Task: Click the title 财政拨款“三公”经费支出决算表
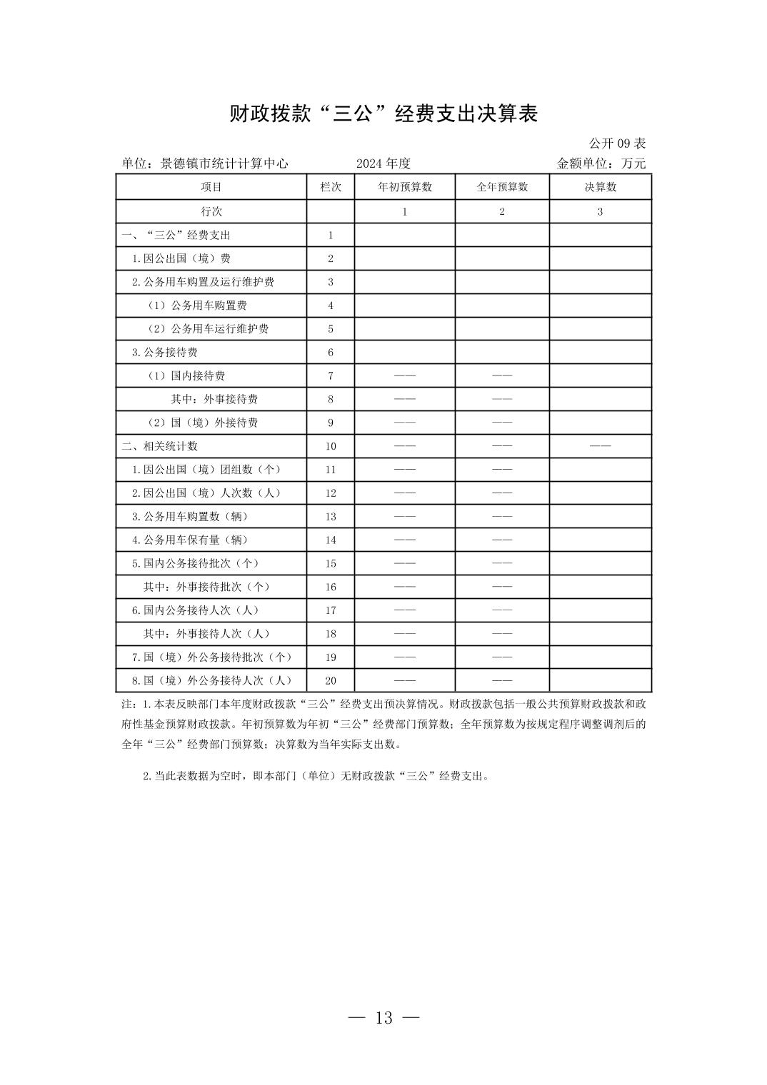pyautogui.click(x=383, y=114)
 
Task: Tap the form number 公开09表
pyautogui.click(x=617, y=143)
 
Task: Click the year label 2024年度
pyautogui.click(x=383, y=163)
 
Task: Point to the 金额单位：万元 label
pyautogui.click(x=601, y=163)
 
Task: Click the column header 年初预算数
pyautogui.click(x=405, y=187)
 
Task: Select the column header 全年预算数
pyautogui.click(x=502, y=187)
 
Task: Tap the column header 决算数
pyautogui.click(x=600, y=187)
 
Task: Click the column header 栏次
pyautogui.click(x=331, y=187)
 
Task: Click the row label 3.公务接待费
pyautogui.click(x=165, y=352)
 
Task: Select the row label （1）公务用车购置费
pyautogui.click(x=197, y=306)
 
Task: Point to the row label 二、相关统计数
pyautogui.click(x=160, y=446)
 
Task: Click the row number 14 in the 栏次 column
pyautogui.click(x=331, y=540)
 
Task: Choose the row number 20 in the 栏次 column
pyautogui.click(x=331, y=680)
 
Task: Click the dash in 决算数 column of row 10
pyautogui.click(x=600, y=446)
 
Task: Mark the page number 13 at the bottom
pyautogui.click(x=383, y=1018)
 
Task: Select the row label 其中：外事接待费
pyautogui.click(x=214, y=399)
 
